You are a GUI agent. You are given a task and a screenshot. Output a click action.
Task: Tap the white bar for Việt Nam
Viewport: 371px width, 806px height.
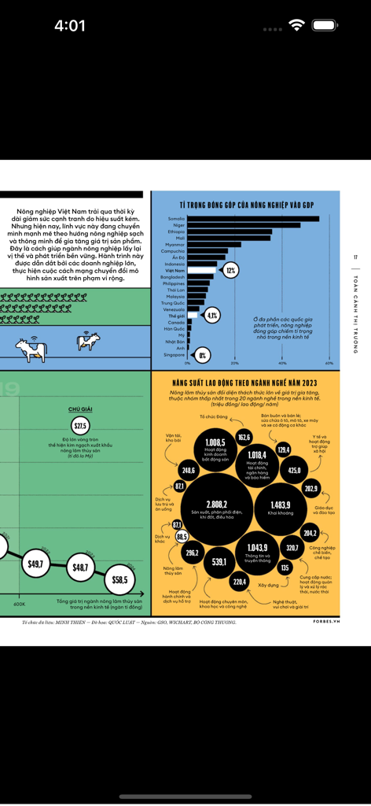tap(202, 270)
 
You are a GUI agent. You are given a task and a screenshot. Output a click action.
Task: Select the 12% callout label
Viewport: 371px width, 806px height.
tap(230, 270)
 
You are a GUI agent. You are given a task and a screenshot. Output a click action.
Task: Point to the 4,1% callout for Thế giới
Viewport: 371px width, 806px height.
tap(211, 315)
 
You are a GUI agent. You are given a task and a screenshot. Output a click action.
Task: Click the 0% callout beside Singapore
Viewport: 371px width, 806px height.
tap(202, 355)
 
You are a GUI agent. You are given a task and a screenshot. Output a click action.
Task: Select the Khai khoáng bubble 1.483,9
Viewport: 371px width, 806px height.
tap(280, 505)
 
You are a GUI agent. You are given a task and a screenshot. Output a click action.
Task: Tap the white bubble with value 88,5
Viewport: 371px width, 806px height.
tap(182, 536)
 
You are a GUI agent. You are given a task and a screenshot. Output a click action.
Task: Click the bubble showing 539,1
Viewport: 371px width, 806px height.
tap(219, 562)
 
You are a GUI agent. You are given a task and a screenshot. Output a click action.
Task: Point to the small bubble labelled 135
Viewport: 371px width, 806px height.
tap(285, 567)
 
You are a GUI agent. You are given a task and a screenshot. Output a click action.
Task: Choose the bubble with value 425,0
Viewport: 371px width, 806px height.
tap(294, 470)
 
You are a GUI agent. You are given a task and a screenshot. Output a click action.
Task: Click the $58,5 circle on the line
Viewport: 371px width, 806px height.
tap(119, 579)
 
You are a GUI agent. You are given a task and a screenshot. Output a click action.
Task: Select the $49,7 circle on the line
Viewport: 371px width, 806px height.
tap(35, 564)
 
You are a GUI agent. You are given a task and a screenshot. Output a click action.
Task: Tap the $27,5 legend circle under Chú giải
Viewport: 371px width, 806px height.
tap(81, 425)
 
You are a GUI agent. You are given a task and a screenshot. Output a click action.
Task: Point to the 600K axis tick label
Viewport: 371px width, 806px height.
tap(19, 604)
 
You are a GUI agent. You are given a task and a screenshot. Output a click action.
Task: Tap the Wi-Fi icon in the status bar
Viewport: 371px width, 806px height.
tap(296, 25)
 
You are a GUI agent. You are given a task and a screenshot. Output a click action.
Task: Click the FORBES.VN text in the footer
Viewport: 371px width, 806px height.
tap(325, 621)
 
